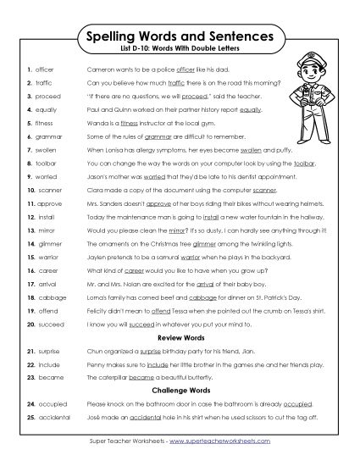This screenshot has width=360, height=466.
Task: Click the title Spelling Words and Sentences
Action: [x=180, y=38]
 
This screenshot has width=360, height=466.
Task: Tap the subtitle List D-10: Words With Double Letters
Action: [x=180, y=53]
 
